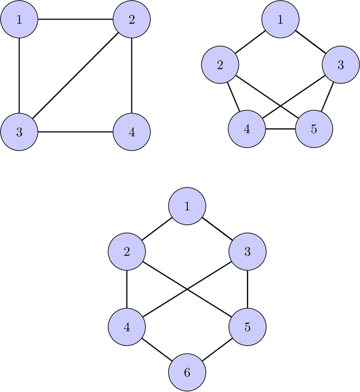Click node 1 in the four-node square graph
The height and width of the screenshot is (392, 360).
coord(19,20)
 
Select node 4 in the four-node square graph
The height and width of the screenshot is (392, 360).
coord(132,132)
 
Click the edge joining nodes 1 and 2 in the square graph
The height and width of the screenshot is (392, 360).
coord(75,20)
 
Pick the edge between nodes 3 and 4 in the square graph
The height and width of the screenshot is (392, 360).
coord(75,132)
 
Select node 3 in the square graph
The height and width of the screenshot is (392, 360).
coord(19,132)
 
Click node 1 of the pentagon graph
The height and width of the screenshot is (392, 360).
coord(280,20)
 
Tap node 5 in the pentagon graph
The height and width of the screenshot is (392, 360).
coord(313,128)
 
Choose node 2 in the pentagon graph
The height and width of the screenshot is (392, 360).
coord(219,64)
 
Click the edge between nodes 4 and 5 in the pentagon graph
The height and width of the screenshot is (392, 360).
coord(280,128)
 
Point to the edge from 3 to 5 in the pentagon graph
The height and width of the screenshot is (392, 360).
coord(327,96)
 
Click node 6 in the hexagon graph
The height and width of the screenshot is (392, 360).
coord(187,372)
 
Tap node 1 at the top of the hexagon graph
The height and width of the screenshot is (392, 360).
coord(187,206)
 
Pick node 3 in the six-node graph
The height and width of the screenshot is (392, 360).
coord(247,251)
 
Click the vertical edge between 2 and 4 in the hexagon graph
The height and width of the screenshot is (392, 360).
coord(127,289)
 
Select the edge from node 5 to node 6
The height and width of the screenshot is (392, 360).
coord(217,349)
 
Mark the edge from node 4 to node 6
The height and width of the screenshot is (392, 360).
coord(157,349)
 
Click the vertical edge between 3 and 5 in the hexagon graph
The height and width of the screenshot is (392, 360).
coord(247,289)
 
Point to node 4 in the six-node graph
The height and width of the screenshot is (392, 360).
coord(127,327)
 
